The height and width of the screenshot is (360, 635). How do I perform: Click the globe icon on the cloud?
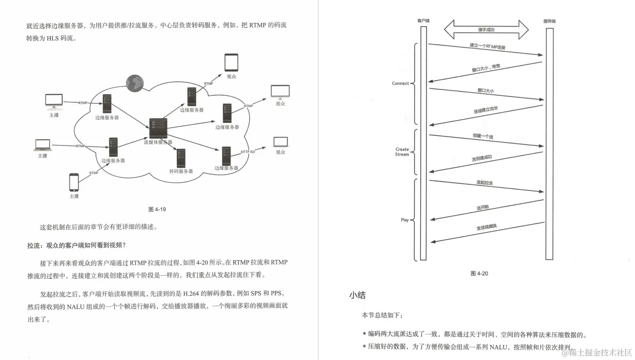pyautogui.click(x=135, y=82)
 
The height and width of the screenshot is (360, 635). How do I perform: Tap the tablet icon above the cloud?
pyautogui.click(x=231, y=62)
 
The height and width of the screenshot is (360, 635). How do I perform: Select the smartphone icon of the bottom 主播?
pyautogui.click(x=74, y=182)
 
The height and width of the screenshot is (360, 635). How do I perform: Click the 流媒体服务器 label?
pyautogui.click(x=158, y=142)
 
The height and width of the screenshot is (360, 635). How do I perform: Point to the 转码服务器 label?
pyautogui.click(x=181, y=171)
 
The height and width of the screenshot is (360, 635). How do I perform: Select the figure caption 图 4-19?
pyautogui.click(x=157, y=209)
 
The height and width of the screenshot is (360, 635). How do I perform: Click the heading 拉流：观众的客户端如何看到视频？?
pyautogui.click(x=77, y=246)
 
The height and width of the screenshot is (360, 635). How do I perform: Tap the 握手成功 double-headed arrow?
pyautogui.click(x=486, y=30)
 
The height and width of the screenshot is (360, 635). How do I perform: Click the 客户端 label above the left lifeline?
pyautogui.click(x=423, y=21)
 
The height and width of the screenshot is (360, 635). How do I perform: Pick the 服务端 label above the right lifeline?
pyautogui.click(x=549, y=21)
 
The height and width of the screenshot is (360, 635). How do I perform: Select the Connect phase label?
pyautogui.click(x=400, y=83)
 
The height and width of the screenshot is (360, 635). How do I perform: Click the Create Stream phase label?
pyautogui.click(x=402, y=152)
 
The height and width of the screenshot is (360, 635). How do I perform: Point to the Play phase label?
pyautogui.click(x=405, y=220)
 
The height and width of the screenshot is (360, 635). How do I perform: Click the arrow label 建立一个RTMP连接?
pyautogui.click(x=487, y=46)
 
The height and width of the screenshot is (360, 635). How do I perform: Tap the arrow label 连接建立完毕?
pyautogui.click(x=486, y=109)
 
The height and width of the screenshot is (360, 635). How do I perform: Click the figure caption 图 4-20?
pyautogui.click(x=479, y=274)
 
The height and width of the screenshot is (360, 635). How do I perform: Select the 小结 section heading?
pyautogui.click(x=357, y=296)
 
